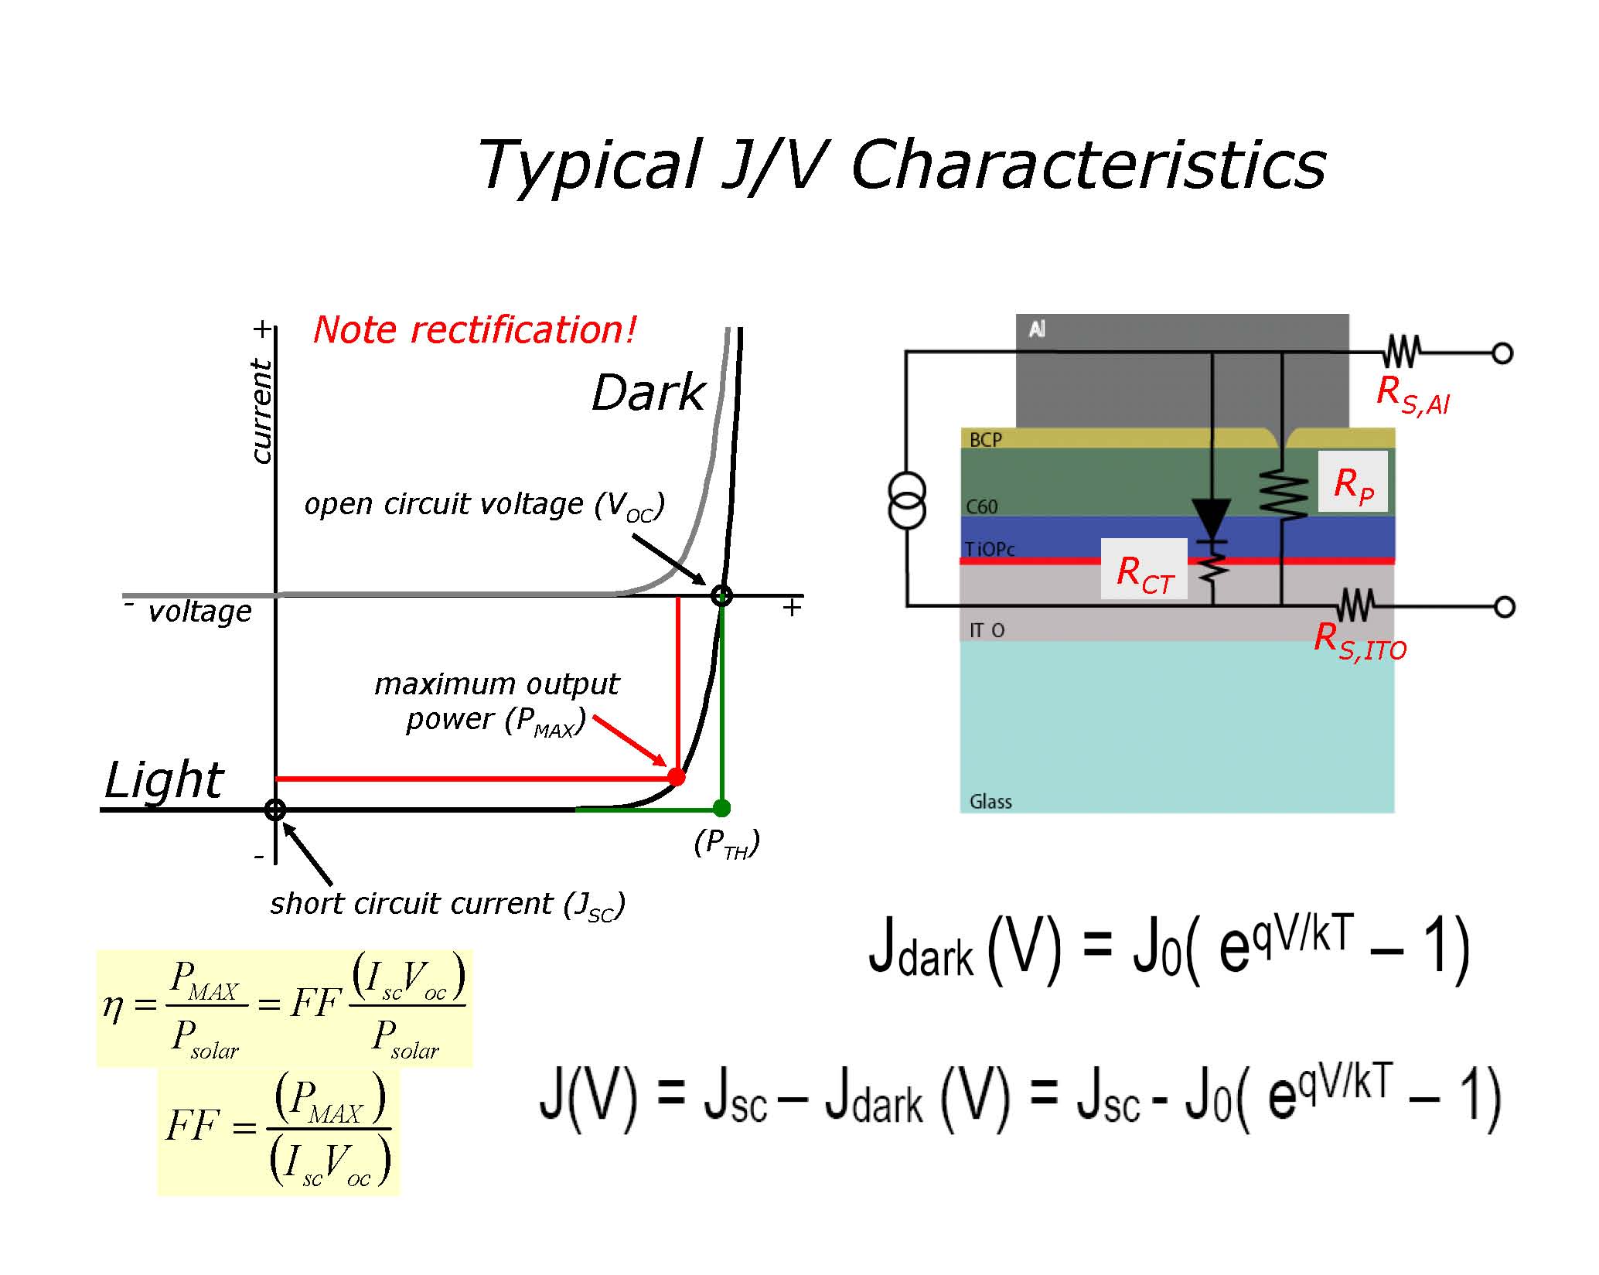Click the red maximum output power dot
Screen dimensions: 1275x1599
(x=676, y=776)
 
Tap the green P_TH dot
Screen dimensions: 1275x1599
(x=721, y=809)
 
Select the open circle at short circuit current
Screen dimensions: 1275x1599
(x=275, y=810)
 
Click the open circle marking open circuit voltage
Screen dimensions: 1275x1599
(x=721, y=595)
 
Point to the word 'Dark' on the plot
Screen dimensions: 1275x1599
(x=648, y=393)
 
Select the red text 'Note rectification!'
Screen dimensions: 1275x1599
(x=474, y=330)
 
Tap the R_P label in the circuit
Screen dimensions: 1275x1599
(x=1353, y=485)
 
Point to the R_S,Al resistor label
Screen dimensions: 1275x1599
(x=1413, y=394)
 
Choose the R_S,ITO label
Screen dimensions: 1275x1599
(x=1360, y=642)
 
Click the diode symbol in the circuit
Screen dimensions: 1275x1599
(x=1211, y=516)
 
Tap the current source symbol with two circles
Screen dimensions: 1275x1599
(x=906, y=500)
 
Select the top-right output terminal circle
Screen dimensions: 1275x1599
(x=1502, y=353)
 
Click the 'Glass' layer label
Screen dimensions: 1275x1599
(x=990, y=802)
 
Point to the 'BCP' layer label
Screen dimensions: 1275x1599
(x=986, y=440)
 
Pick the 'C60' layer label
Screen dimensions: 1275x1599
(x=982, y=507)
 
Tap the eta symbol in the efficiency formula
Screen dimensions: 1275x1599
(x=113, y=1006)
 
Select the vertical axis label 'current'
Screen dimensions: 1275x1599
(x=261, y=411)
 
